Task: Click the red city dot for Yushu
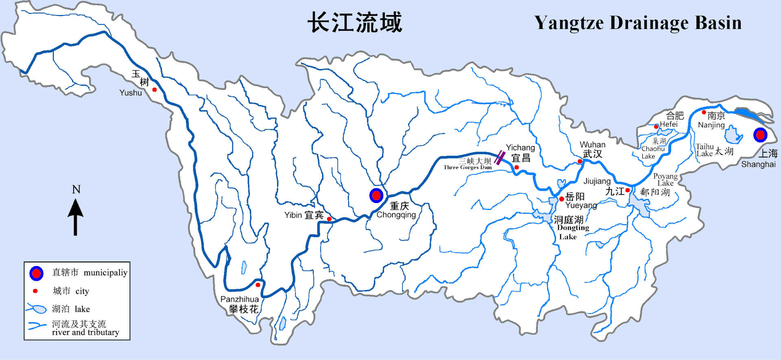pos(155,89)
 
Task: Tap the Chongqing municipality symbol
pos(376,196)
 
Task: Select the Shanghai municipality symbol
pos(760,135)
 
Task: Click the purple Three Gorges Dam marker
pos(500,157)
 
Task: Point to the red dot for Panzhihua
pos(258,285)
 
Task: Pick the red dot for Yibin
pos(329,219)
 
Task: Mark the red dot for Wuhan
pos(580,161)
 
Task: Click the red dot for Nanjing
pos(704,112)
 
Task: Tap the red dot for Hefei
pos(656,127)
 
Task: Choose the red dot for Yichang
pos(517,167)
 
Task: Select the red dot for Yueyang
pos(562,199)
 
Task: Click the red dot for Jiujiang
pos(628,190)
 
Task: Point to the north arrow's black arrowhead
pos(76,208)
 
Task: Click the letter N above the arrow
pos(76,190)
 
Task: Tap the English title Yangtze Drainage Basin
pos(637,23)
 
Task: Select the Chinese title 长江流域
pos(355,22)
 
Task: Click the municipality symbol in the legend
pos(36,273)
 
